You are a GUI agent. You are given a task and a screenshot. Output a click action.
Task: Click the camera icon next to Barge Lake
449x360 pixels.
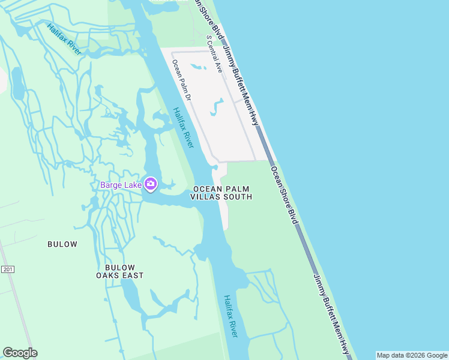[x=151, y=184]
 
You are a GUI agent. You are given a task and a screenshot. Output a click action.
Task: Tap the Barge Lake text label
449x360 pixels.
[x=121, y=185]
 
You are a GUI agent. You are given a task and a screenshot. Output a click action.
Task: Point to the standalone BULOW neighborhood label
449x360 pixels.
[x=62, y=244]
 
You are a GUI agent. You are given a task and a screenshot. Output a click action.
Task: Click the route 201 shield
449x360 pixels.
[x=7, y=269]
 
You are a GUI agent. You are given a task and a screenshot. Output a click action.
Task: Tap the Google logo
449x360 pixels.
[x=20, y=353]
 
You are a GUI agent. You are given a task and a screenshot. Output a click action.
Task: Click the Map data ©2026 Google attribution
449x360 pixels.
[x=412, y=355]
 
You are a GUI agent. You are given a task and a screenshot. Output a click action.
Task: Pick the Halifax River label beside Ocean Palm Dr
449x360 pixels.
[x=184, y=127]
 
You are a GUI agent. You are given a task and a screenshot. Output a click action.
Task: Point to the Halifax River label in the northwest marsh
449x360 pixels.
[x=64, y=38]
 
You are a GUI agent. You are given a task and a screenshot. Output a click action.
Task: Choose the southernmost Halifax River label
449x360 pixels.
[x=231, y=316]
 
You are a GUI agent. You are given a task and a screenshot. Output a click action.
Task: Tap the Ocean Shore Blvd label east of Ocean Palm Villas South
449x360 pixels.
[x=284, y=195]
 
